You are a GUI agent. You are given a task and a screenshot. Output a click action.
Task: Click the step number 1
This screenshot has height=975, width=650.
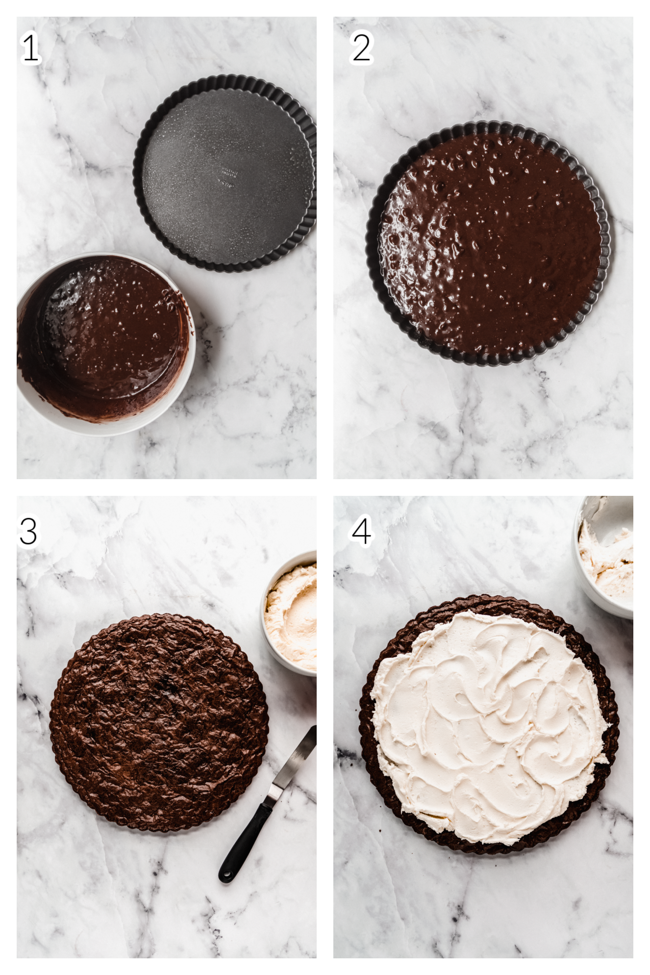(30, 48)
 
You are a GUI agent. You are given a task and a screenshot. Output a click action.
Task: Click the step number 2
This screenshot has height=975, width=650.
(361, 48)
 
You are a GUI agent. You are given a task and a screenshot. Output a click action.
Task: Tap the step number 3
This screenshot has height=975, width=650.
(28, 531)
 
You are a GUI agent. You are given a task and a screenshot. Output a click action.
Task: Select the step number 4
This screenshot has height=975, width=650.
(362, 531)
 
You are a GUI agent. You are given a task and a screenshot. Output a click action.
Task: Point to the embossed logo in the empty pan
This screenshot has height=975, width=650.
(229, 177)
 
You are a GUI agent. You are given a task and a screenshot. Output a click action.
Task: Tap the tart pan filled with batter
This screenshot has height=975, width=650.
(489, 244)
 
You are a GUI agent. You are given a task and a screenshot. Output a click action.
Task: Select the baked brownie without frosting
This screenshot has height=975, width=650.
(159, 722)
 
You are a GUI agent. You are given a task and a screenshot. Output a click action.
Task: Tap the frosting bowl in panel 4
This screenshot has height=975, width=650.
(604, 557)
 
